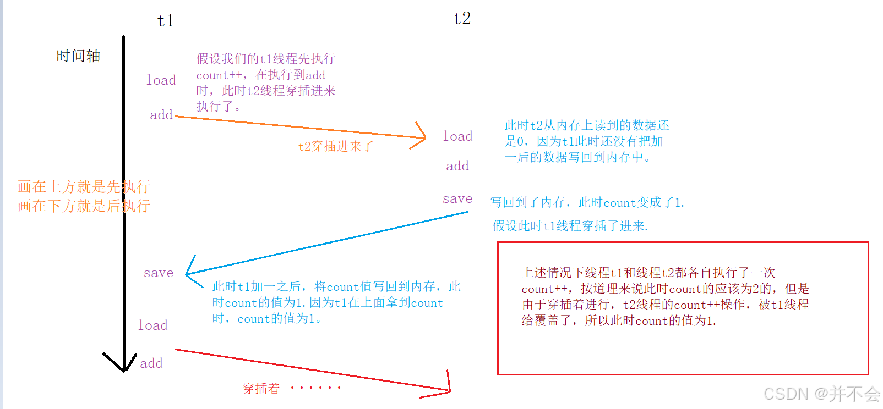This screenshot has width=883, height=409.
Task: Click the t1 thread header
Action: [166, 21]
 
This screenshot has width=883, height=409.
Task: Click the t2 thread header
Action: [462, 19]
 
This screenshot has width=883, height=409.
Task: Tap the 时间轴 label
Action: [78, 56]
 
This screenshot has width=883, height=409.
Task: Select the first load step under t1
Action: [161, 80]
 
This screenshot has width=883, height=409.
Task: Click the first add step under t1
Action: [161, 115]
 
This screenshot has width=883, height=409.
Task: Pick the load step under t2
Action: [457, 136]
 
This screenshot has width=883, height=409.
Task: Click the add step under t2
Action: [457, 166]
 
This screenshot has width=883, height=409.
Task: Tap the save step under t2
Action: [457, 199]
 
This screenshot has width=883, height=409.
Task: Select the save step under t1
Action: [159, 273]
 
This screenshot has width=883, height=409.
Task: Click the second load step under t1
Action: [152, 325]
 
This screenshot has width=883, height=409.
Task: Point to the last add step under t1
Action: [151, 363]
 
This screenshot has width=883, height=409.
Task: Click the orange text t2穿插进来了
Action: [336, 146]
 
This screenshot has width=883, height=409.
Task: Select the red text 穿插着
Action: [261, 389]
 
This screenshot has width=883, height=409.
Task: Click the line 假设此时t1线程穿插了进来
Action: [570, 226]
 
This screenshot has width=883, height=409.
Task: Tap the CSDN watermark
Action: [821, 394]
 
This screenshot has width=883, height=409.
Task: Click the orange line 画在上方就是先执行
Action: [84, 187]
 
